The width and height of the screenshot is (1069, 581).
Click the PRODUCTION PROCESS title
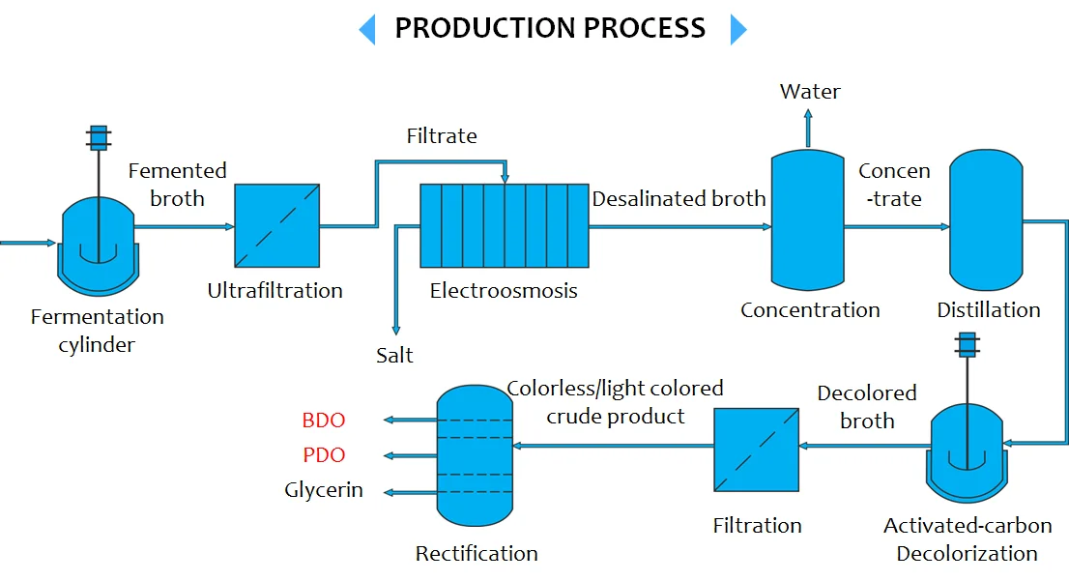click(550, 28)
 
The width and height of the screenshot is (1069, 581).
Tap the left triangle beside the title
click(367, 29)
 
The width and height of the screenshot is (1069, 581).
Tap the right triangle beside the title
click(737, 29)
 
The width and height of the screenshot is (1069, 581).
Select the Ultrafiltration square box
click(277, 225)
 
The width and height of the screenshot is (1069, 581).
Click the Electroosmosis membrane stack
click(504, 225)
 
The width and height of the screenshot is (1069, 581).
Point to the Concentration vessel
click(807, 218)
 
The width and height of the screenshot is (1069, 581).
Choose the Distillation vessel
click(986, 218)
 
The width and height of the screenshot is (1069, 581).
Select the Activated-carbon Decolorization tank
click(967, 450)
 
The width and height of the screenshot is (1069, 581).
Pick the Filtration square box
click(756, 450)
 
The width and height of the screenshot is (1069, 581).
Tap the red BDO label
click(324, 421)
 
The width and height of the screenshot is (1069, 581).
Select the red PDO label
click(324, 455)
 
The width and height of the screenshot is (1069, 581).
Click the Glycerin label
click(324, 490)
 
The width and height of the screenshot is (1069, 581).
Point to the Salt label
click(394, 356)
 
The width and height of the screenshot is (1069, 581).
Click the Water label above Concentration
click(810, 92)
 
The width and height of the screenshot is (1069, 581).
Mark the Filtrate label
click(442, 136)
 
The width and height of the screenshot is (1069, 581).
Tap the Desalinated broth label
click(679, 199)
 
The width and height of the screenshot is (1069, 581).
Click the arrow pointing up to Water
click(809, 124)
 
